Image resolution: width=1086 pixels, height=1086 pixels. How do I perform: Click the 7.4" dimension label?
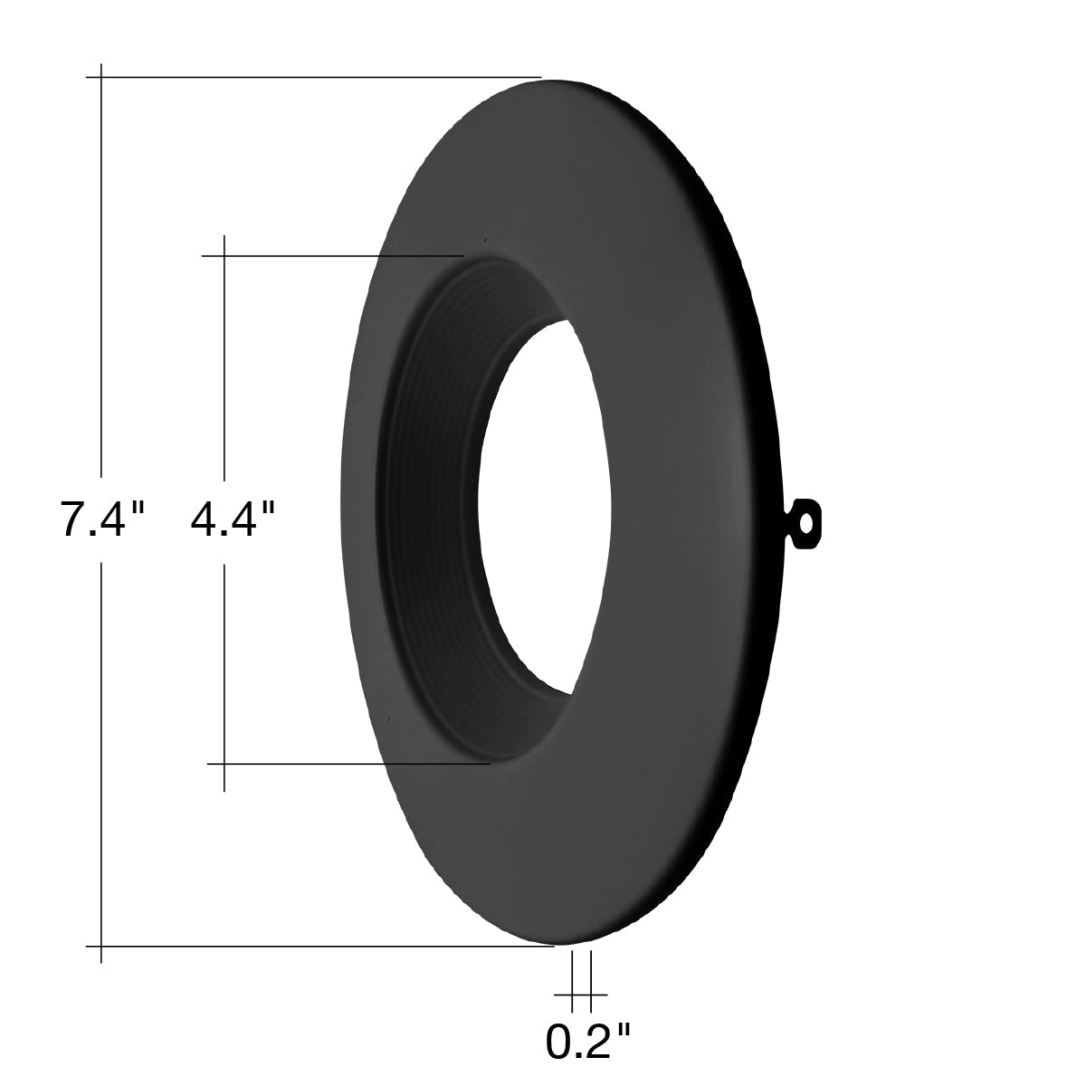(102, 519)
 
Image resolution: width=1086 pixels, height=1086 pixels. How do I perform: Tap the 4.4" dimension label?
(233, 519)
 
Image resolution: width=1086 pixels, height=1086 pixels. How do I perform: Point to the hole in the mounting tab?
(807, 523)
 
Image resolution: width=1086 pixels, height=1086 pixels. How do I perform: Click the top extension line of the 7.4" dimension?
(313, 77)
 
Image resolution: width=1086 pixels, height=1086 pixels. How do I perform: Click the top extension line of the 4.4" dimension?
(332, 256)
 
